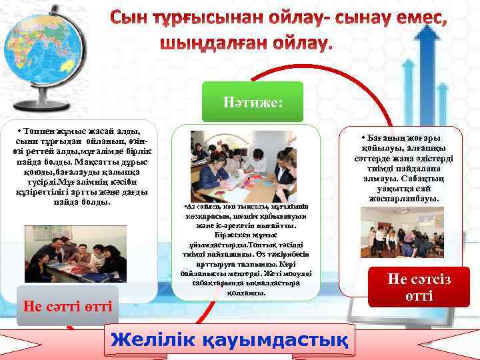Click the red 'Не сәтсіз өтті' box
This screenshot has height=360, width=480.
pos(419,287)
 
